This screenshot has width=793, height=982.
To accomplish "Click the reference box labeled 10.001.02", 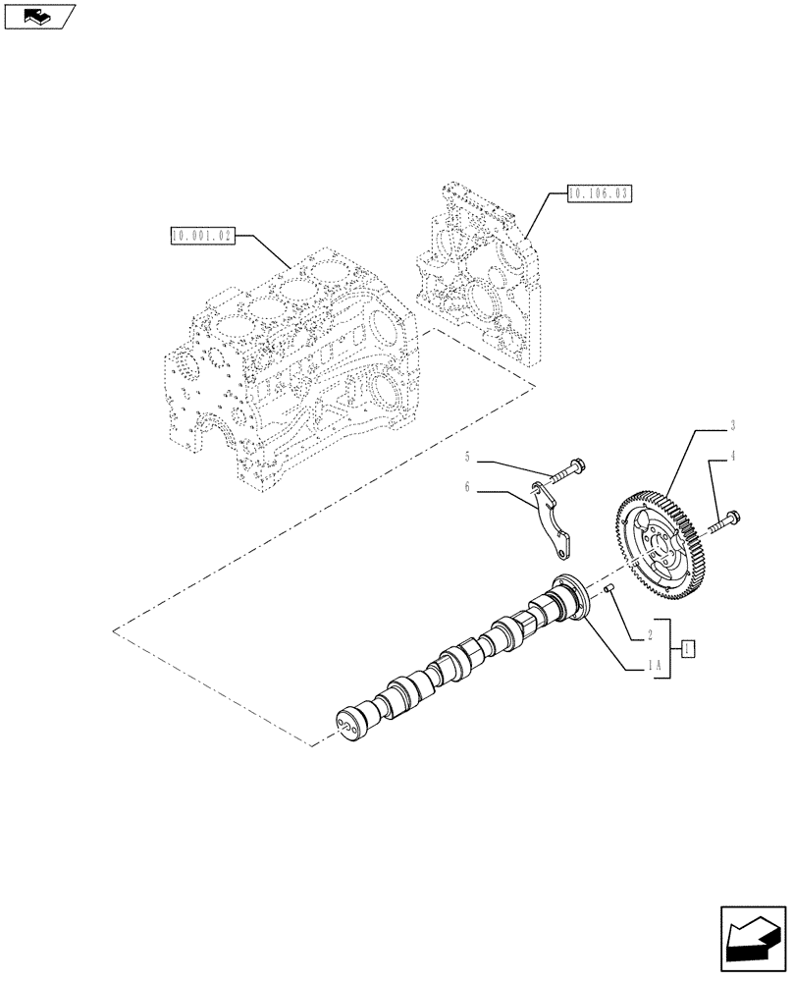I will pyautogui.click(x=200, y=236).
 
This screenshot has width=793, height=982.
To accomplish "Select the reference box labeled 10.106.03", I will pyautogui.click(x=598, y=194).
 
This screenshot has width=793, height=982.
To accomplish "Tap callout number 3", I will pyautogui.click(x=733, y=427).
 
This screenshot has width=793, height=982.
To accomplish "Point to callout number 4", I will pyautogui.click(x=733, y=456).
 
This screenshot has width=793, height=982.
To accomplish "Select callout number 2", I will pyautogui.click(x=649, y=637).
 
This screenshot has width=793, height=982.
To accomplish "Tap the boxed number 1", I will pyautogui.click(x=688, y=648).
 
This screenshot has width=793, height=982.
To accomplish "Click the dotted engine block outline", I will pyautogui.click(x=294, y=363).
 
